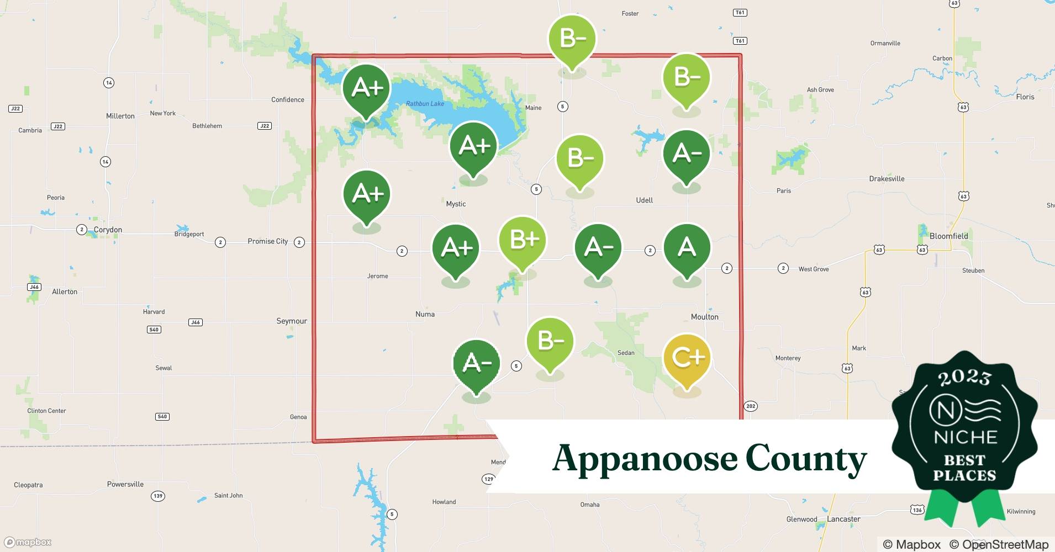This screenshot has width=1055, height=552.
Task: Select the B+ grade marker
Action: [522, 240]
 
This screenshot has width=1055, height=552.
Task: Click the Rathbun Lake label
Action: [425, 104]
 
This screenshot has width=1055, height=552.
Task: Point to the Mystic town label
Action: [456, 204]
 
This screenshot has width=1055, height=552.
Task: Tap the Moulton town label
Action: [704, 317]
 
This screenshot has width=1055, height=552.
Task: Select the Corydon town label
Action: [108, 230]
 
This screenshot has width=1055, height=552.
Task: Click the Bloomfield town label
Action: [948, 236]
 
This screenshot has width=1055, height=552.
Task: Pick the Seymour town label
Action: [292, 321]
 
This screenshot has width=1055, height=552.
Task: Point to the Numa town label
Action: [425, 315]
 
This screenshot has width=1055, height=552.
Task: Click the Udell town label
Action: [644, 200]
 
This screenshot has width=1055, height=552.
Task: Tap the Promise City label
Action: [267, 241]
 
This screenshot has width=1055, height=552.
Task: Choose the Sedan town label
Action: [626, 353]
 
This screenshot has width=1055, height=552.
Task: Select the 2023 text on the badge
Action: [964, 378]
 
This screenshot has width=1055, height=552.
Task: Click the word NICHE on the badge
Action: [965, 438]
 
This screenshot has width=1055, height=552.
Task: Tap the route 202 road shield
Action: [750, 406]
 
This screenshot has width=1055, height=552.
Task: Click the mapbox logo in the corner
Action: [28, 542]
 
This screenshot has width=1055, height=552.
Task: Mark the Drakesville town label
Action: [887, 179]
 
